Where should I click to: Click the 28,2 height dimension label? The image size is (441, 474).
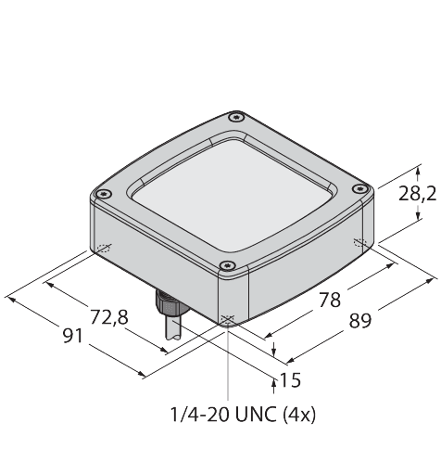click(x=417, y=195)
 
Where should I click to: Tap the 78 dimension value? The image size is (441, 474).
click(x=330, y=300)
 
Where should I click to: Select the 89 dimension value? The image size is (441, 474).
click(x=360, y=320)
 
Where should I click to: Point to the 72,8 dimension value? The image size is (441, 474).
click(x=109, y=317)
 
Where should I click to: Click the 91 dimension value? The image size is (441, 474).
click(x=73, y=336)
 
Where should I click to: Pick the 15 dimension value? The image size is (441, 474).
click(x=290, y=380)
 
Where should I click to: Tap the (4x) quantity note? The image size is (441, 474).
click(x=299, y=415)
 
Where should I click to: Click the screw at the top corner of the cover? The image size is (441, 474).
click(x=236, y=117)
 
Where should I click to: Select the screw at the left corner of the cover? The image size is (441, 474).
click(x=104, y=194)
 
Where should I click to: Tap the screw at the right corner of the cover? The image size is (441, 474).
click(x=359, y=188)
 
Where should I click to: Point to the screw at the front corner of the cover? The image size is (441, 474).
click(x=227, y=265)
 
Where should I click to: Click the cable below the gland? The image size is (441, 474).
click(x=173, y=328)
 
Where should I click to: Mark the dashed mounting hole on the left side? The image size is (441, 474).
click(x=104, y=248)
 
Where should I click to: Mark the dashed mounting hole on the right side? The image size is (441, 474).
click(x=359, y=243)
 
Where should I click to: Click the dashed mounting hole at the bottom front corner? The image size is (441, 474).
click(x=228, y=319)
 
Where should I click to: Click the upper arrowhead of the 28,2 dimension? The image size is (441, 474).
click(x=418, y=170)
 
